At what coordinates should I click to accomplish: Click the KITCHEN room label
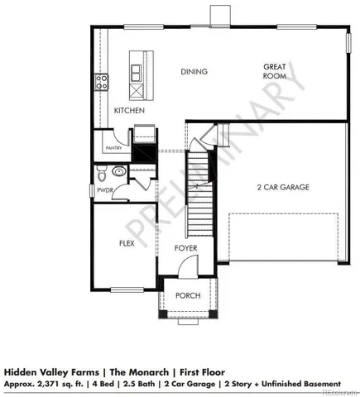129,110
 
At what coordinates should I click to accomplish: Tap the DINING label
194,72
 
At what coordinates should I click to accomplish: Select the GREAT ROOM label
275,70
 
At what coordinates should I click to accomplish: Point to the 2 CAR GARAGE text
283,188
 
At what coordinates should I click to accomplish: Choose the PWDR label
103,189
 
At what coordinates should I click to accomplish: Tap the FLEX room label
127,244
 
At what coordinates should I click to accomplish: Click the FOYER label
185,247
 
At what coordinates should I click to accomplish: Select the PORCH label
189,295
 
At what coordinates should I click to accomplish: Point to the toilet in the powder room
101,174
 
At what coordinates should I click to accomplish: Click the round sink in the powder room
118,174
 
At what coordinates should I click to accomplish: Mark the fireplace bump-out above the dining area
219,16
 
